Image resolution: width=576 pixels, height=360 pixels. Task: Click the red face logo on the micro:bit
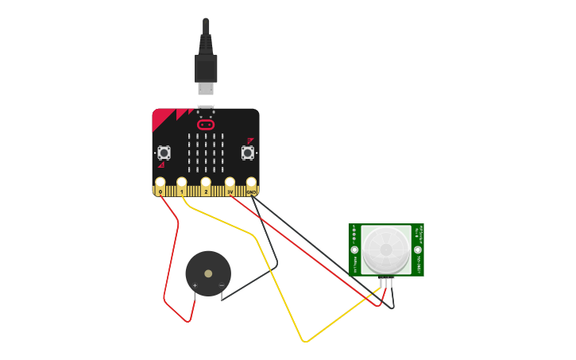pyautogui.click(x=206, y=125)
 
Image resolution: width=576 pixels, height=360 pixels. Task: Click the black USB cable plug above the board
pyautogui.click(x=206, y=68)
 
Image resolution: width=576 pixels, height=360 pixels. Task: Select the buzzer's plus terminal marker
pyautogui.click(x=195, y=285)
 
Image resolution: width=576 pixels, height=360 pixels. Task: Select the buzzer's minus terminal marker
pyautogui.click(x=222, y=285)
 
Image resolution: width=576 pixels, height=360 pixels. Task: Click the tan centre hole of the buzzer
pyautogui.click(x=208, y=273)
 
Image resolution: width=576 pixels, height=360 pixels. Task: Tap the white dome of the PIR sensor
pyautogui.click(x=386, y=249)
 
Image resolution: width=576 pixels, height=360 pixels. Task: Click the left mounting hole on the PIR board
pyautogui.click(x=354, y=250)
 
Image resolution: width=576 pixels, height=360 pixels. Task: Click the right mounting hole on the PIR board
pyautogui.click(x=418, y=250)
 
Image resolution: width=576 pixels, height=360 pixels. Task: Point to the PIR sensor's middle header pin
pyautogui.click(x=386, y=283)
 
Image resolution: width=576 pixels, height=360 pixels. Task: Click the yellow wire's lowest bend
pyautogui.click(x=305, y=342)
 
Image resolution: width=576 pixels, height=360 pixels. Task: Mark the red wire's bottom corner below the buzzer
pyautogui.click(x=188, y=321)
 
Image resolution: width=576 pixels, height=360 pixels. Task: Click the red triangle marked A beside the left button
pyautogui.click(x=161, y=165)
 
